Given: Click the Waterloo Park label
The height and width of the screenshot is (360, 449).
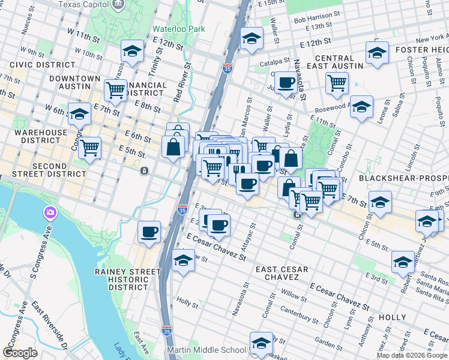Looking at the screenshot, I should (178, 29).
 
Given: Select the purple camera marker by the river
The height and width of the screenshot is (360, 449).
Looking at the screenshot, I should (49, 212).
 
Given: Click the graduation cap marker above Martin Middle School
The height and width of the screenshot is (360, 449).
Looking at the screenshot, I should (261, 343).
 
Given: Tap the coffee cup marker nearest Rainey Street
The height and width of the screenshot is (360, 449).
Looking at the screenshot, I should (149, 231).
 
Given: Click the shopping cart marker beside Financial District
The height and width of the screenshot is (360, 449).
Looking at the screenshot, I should (115, 90).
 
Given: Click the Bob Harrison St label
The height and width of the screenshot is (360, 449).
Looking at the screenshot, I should (317, 19).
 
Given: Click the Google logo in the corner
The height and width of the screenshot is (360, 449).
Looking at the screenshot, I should (20, 353).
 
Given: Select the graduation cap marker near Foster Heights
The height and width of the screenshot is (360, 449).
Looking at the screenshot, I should (376, 52).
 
